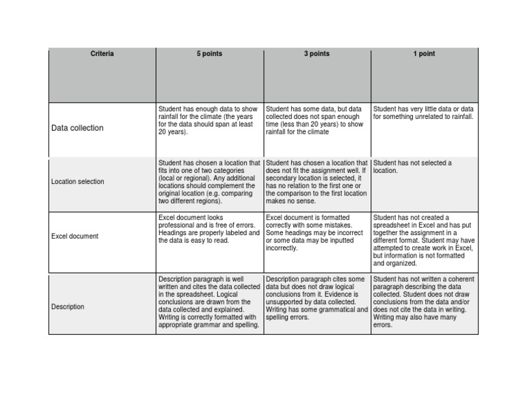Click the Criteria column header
pyautogui.click(x=102, y=54)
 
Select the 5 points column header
pyautogui.click(x=209, y=54)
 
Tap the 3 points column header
pyautogui.click(x=317, y=54)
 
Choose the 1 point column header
pyautogui.click(x=424, y=54)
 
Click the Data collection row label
pyautogui.click(x=78, y=128)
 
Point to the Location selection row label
pyautogui.click(x=78, y=182)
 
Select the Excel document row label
pyautogui.click(x=75, y=236)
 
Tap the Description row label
pyautogui.click(x=68, y=307)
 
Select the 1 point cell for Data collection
pyautogui.click(x=423, y=113)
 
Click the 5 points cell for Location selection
pyautogui.click(x=209, y=182)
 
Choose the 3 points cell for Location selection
pyautogui.click(x=317, y=182)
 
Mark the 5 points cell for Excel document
pyautogui.click(x=209, y=228)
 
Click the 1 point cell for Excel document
pyautogui.click(x=424, y=240)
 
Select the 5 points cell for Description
pyautogui.click(x=209, y=302)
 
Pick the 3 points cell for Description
pyautogui.click(x=317, y=299)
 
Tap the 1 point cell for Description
pyautogui.click(x=424, y=302)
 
